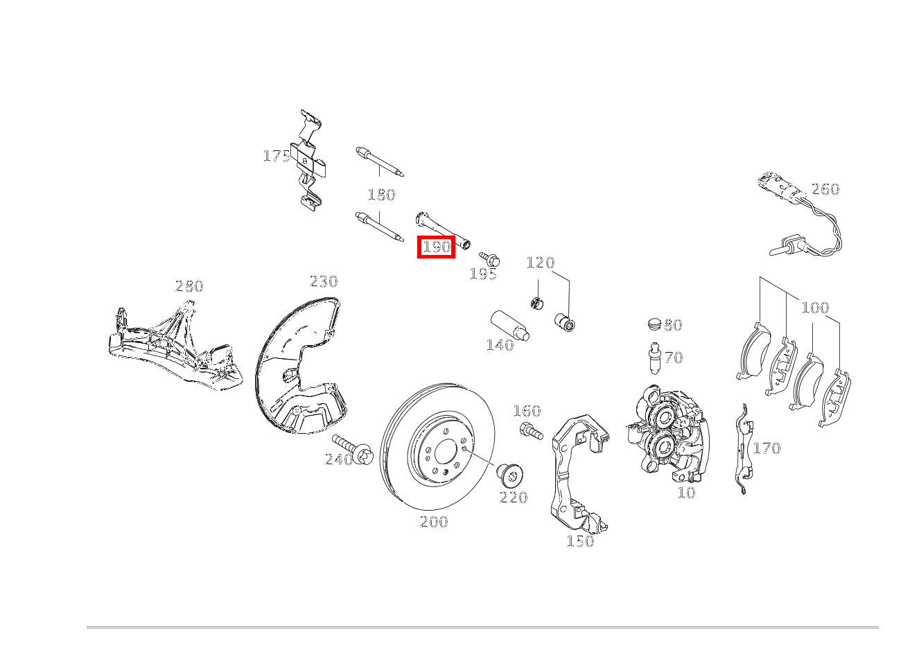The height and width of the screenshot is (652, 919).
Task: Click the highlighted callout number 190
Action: (x=436, y=247)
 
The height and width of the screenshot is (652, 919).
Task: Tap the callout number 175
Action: (x=277, y=156)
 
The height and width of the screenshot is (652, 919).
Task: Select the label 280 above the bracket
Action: (x=189, y=286)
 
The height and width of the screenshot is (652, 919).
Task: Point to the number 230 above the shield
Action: (x=324, y=281)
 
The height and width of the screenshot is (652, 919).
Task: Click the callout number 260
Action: (x=825, y=189)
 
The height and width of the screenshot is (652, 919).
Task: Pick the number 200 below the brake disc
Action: (x=434, y=522)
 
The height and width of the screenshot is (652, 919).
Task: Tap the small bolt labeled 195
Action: (x=489, y=258)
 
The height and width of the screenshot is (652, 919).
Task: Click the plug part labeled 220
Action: (x=511, y=477)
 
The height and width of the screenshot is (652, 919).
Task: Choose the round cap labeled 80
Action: (x=655, y=324)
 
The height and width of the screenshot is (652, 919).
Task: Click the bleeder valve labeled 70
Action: (x=655, y=358)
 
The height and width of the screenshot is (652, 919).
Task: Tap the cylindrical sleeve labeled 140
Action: (x=510, y=326)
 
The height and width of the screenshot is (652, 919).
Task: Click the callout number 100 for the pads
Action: (x=815, y=308)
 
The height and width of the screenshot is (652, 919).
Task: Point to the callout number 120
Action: (x=541, y=263)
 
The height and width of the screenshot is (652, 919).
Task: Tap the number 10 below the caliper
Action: (x=686, y=493)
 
